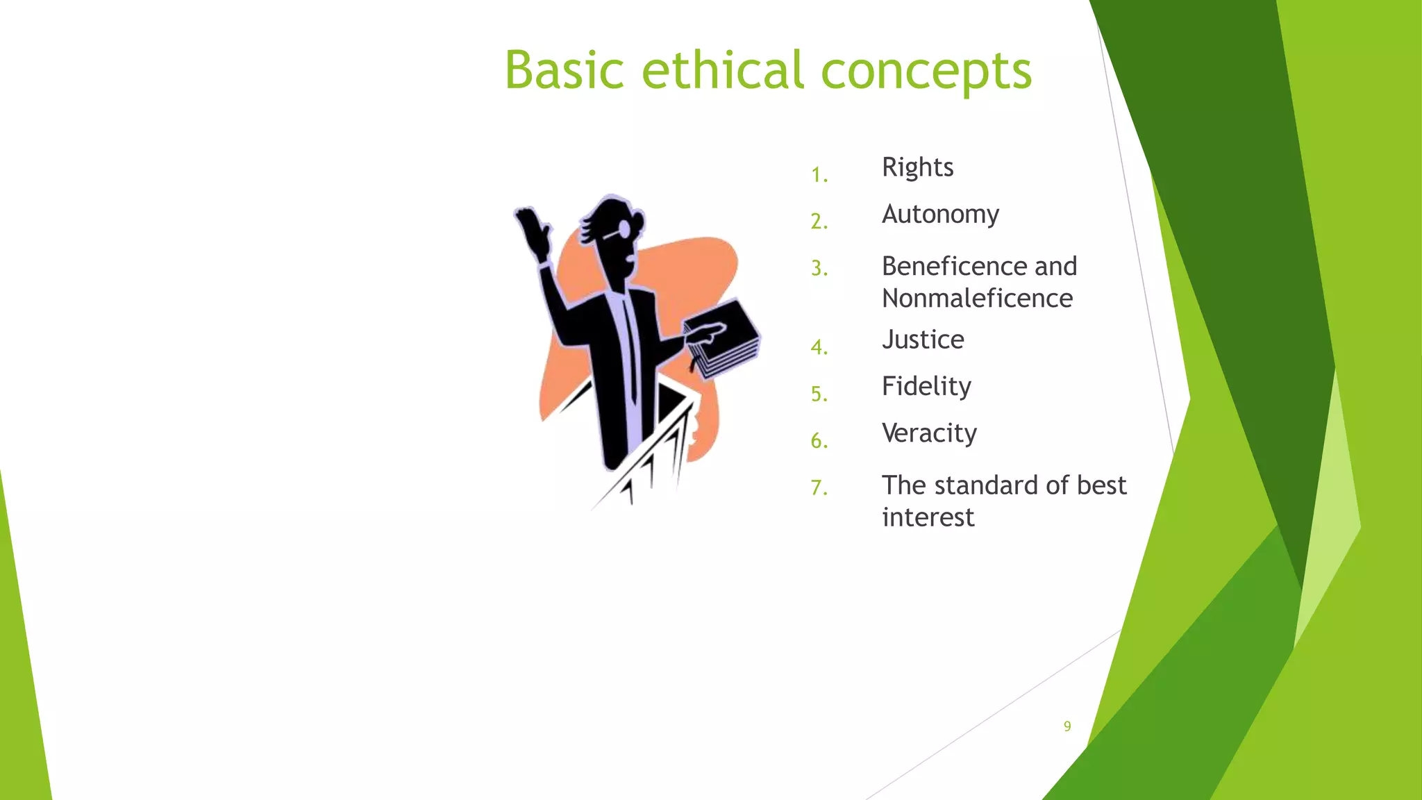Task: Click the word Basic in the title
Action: tap(564, 71)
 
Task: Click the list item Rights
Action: tap(917, 168)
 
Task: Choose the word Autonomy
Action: tap(940, 215)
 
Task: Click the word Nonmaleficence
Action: tap(977, 299)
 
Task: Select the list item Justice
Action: tap(923, 340)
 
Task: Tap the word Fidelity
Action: tap(926, 387)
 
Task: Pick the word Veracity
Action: tap(929, 433)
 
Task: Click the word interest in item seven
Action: tap(928, 518)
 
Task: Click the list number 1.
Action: tap(819, 175)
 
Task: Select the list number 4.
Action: tap(819, 347)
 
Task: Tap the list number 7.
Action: tap(819, 487)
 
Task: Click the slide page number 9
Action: tap(1067, 726)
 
